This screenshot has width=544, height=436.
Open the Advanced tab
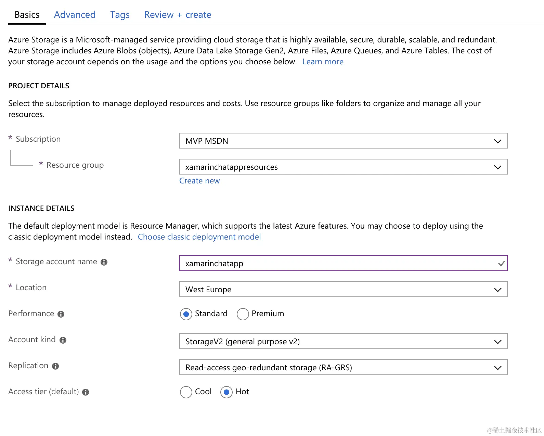tap(75, 15)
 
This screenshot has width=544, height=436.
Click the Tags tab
tap(120, 15)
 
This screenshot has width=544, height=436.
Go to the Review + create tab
tap(178, 15)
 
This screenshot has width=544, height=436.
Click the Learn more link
tap(323, 62)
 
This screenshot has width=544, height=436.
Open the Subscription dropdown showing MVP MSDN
tap(343, 141)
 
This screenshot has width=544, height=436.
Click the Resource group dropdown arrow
tap(497, 167)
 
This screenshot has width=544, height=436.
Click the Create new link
tap(199, 181)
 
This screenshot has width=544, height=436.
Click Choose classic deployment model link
tap(199, 237)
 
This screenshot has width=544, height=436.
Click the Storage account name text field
tap(339, 264)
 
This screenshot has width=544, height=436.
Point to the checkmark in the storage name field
tap(501, 264)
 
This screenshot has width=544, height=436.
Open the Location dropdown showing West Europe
tap(343, 290)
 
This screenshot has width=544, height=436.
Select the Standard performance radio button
tap(186, 314)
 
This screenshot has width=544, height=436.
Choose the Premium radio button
tap(243, 314)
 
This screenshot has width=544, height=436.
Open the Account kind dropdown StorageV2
tap(343, 342)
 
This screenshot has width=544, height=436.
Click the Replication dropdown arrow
tap(497, 368)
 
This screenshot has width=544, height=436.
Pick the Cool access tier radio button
tap(186, 392)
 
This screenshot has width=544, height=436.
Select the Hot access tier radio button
tap(226, 392)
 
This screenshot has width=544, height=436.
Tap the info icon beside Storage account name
tap(104, 262)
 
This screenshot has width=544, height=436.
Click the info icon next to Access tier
tap(86, 392)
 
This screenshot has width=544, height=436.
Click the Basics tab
tap(27, 15)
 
